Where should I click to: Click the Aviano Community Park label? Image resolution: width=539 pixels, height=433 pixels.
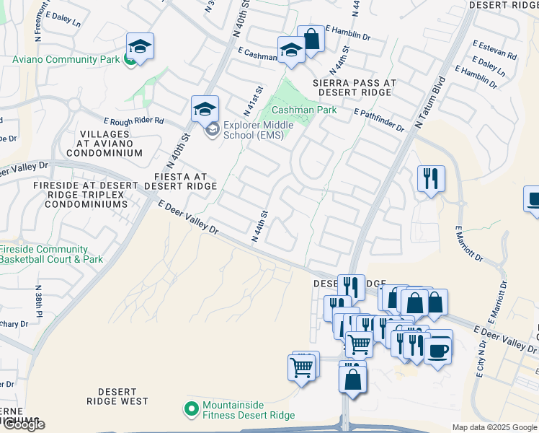pos(60,59)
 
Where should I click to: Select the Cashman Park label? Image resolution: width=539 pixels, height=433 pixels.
pos(304,110)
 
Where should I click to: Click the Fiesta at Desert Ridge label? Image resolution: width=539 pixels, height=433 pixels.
pos(180,181)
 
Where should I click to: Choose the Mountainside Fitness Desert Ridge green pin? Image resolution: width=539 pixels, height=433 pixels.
pos(191,409)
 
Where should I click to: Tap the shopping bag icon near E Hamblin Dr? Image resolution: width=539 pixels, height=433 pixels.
pos(311,39)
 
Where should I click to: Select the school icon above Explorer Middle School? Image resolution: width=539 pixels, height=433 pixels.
pos(205,110)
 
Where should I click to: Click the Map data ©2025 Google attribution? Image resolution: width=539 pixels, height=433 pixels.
pos(494,427)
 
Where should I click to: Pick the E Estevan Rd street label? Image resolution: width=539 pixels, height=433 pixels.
pos(495,51)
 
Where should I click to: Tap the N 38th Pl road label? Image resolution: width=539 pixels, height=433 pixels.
pos(39,301)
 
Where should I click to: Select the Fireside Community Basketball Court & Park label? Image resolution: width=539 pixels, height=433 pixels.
pos(52,255)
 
